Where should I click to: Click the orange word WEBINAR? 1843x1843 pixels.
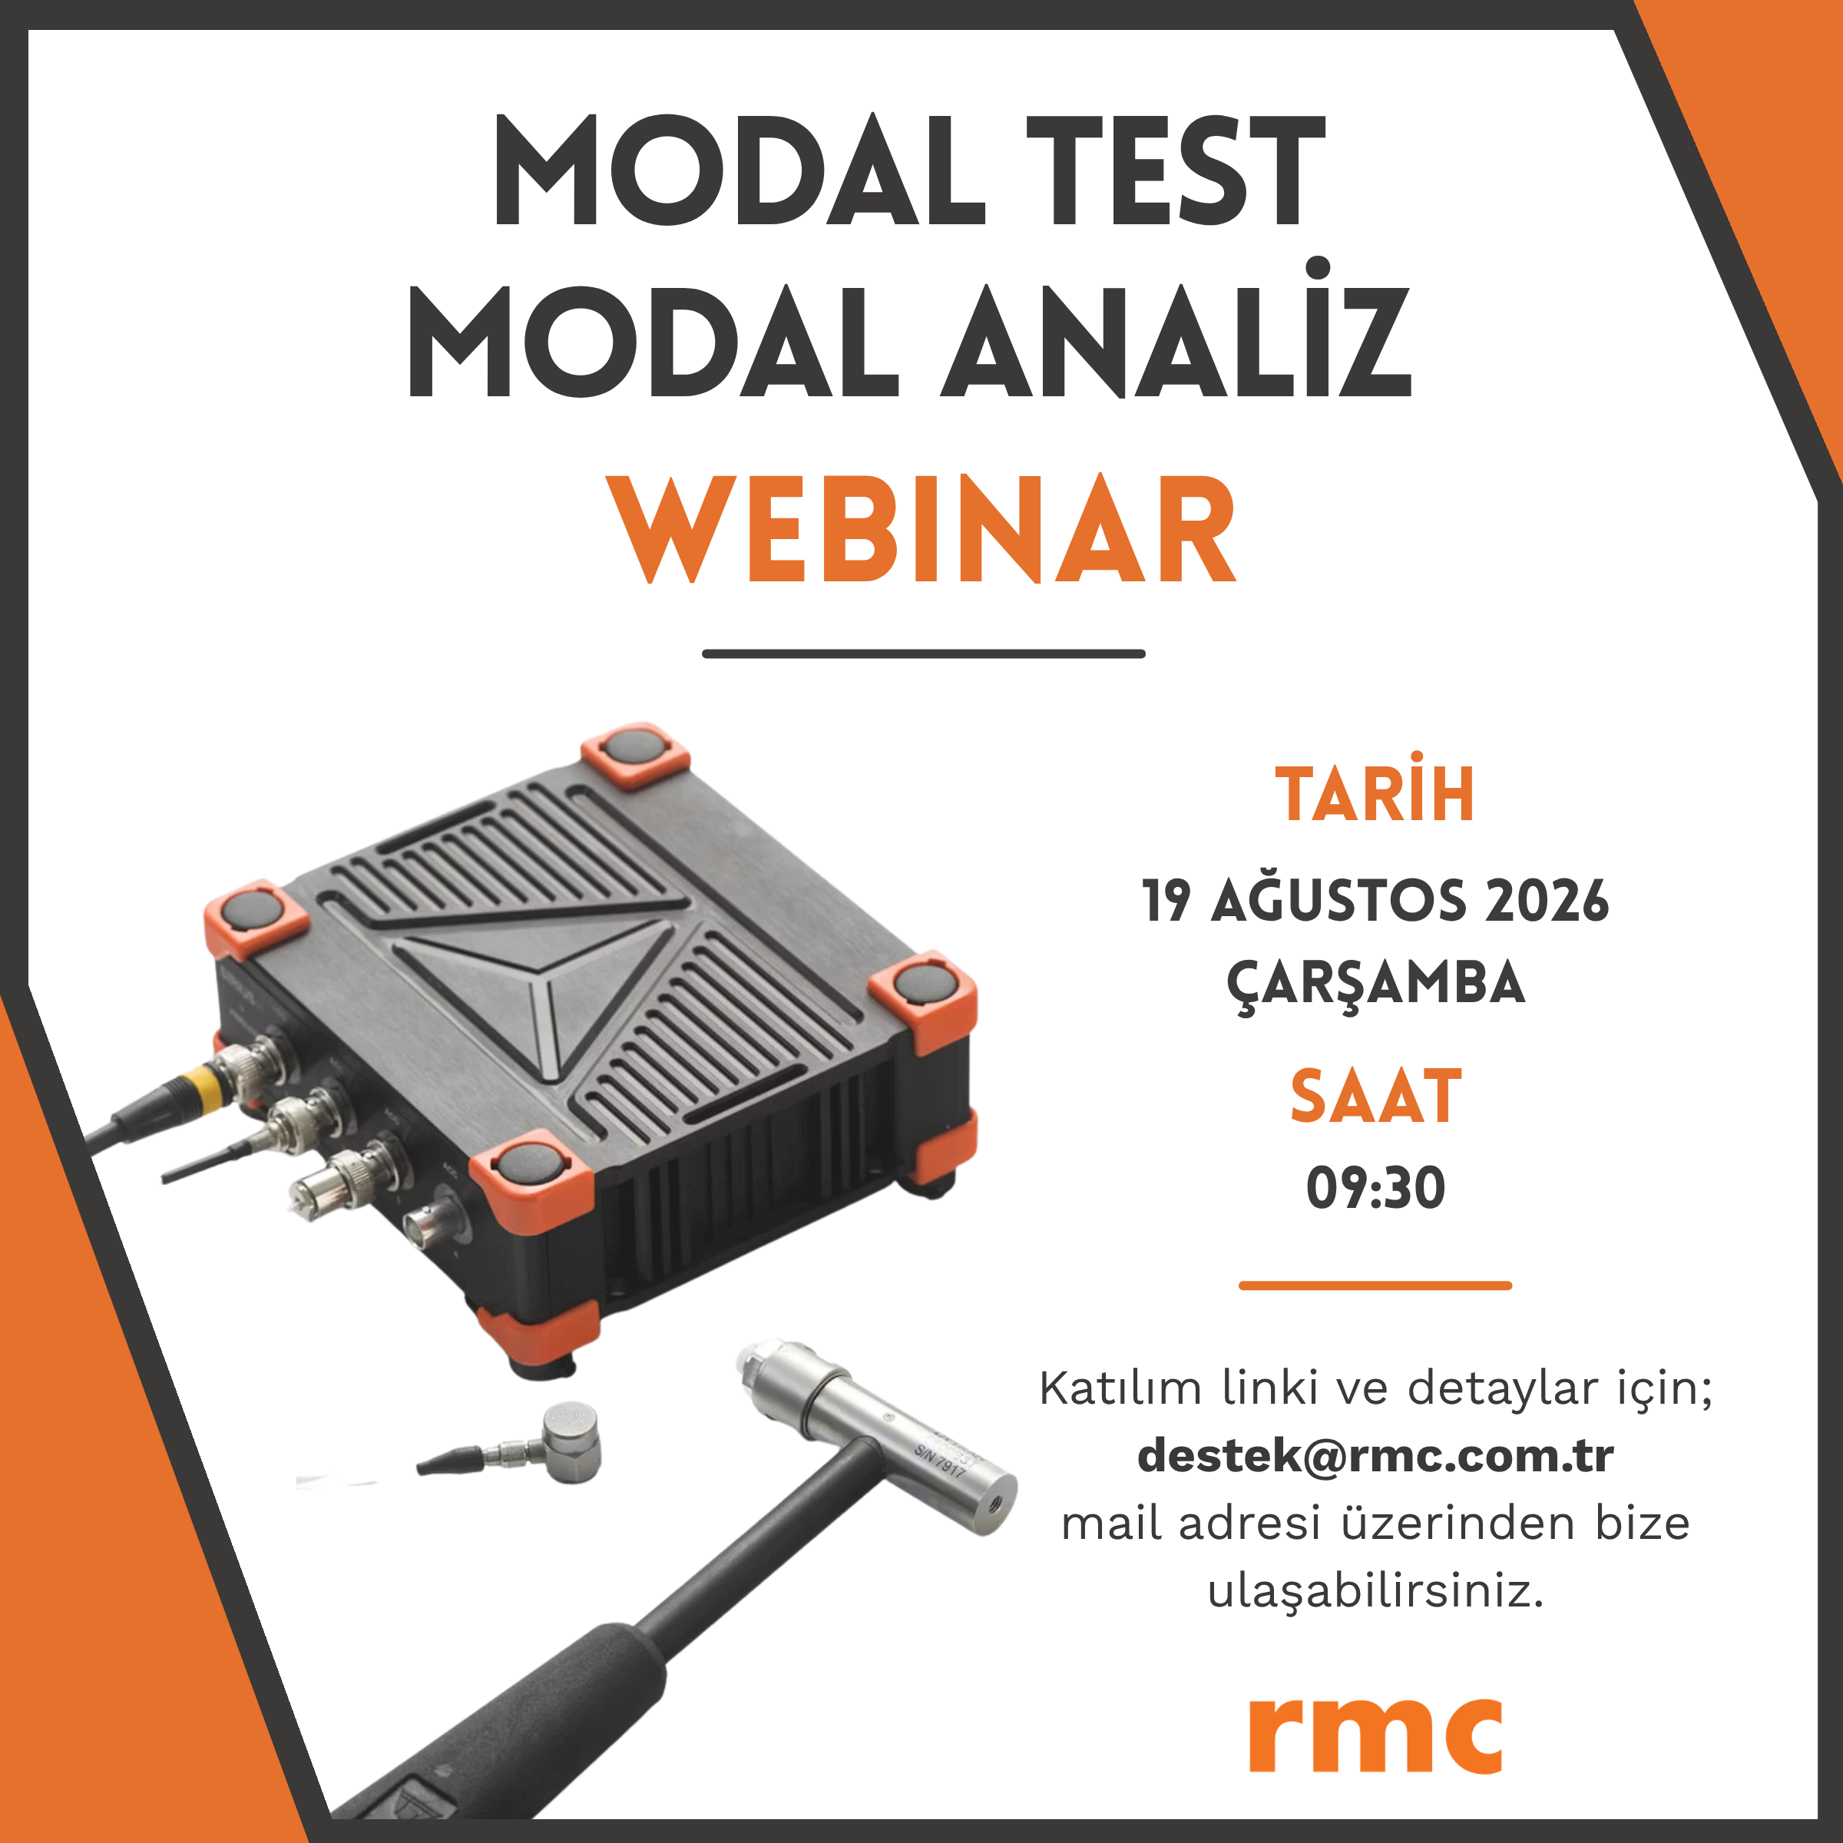922,528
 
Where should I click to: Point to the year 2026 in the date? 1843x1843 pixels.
1547,901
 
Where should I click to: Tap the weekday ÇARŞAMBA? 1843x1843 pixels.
1375,984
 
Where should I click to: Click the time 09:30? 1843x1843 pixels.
1375,1189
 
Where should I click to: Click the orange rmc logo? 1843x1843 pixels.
1375,1733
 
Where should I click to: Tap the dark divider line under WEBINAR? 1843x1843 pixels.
923,654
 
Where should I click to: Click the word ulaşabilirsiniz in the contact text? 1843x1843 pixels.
1375,1591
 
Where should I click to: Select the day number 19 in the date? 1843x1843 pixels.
1166,901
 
